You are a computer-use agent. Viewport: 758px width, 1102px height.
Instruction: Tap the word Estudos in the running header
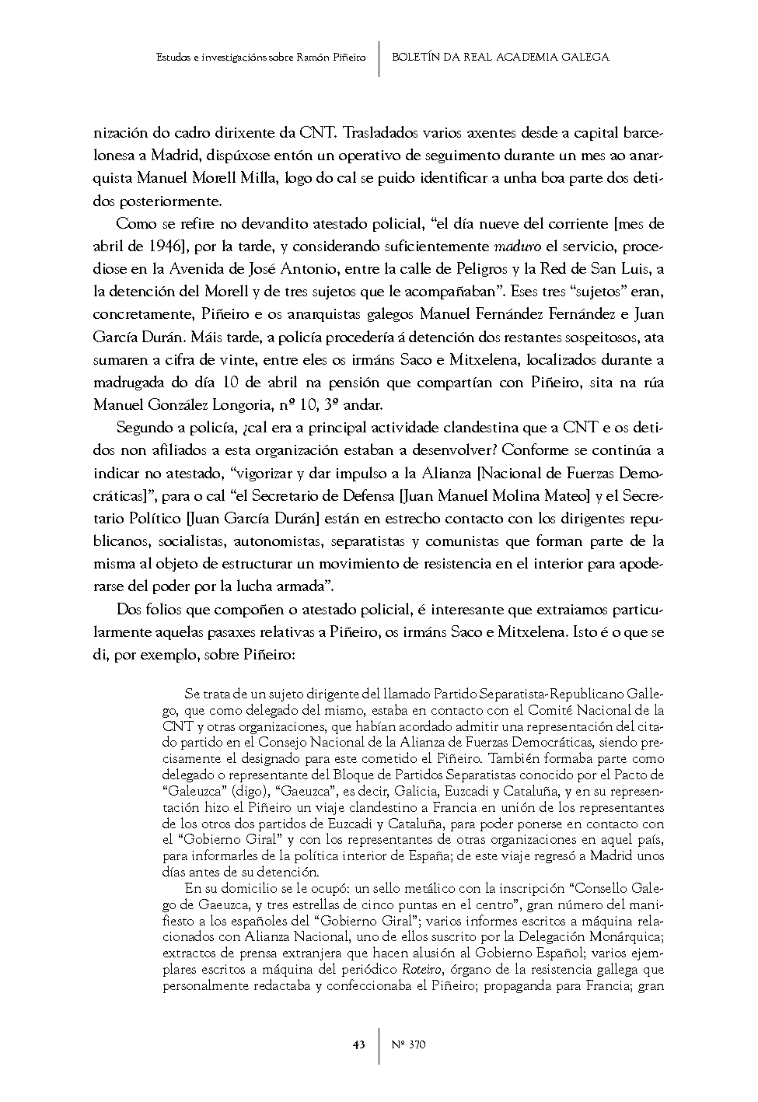(171, 58)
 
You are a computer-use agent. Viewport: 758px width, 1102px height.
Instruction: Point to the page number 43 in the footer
(358, 1044)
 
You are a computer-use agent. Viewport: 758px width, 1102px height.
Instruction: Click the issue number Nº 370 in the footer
(408, 1044)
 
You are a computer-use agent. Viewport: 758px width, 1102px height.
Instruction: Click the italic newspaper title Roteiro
(420, 970)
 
